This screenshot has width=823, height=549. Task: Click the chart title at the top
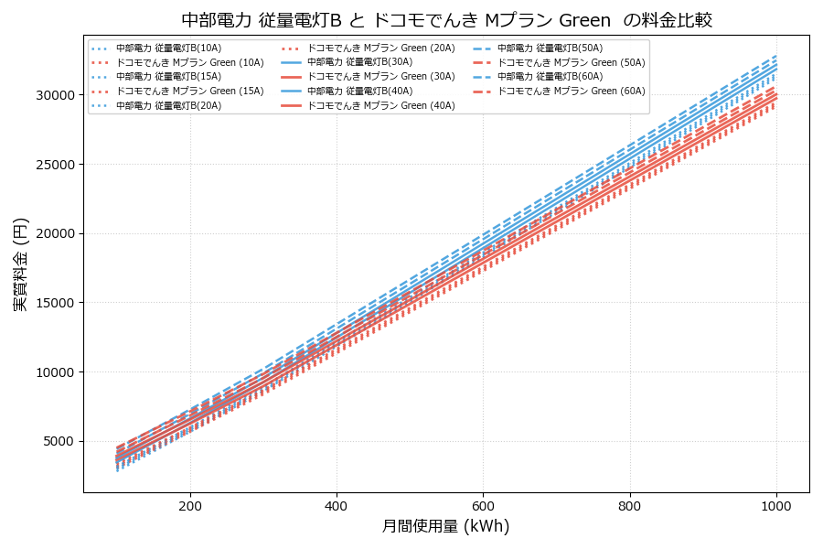point(446,20)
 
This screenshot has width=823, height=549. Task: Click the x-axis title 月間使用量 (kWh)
point(445,526)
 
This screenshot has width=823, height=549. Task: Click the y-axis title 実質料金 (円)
point(21,264)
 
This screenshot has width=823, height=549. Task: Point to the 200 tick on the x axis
point(190,505)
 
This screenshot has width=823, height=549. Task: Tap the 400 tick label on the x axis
point(337,505)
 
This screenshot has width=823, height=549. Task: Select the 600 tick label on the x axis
point(483,505)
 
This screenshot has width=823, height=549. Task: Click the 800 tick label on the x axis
point(630,505)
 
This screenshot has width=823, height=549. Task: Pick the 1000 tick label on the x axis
point(776,505)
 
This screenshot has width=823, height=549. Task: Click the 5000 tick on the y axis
point(57,441)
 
